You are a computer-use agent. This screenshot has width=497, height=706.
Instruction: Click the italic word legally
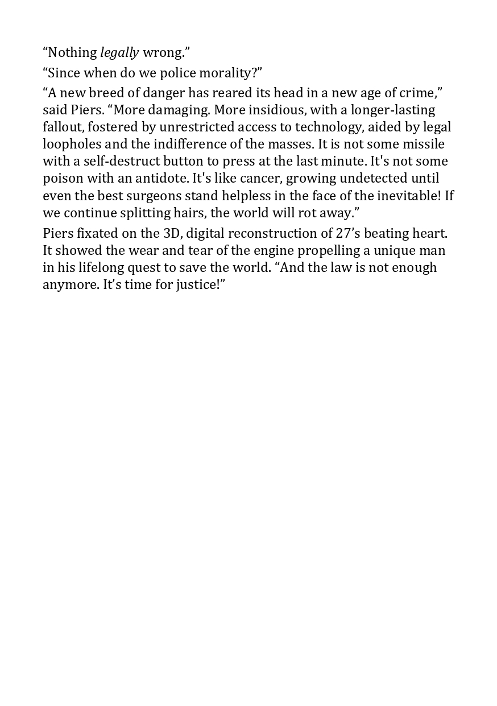tap(119, 53)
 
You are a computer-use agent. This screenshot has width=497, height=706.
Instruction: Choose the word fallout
tap(63, 127)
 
